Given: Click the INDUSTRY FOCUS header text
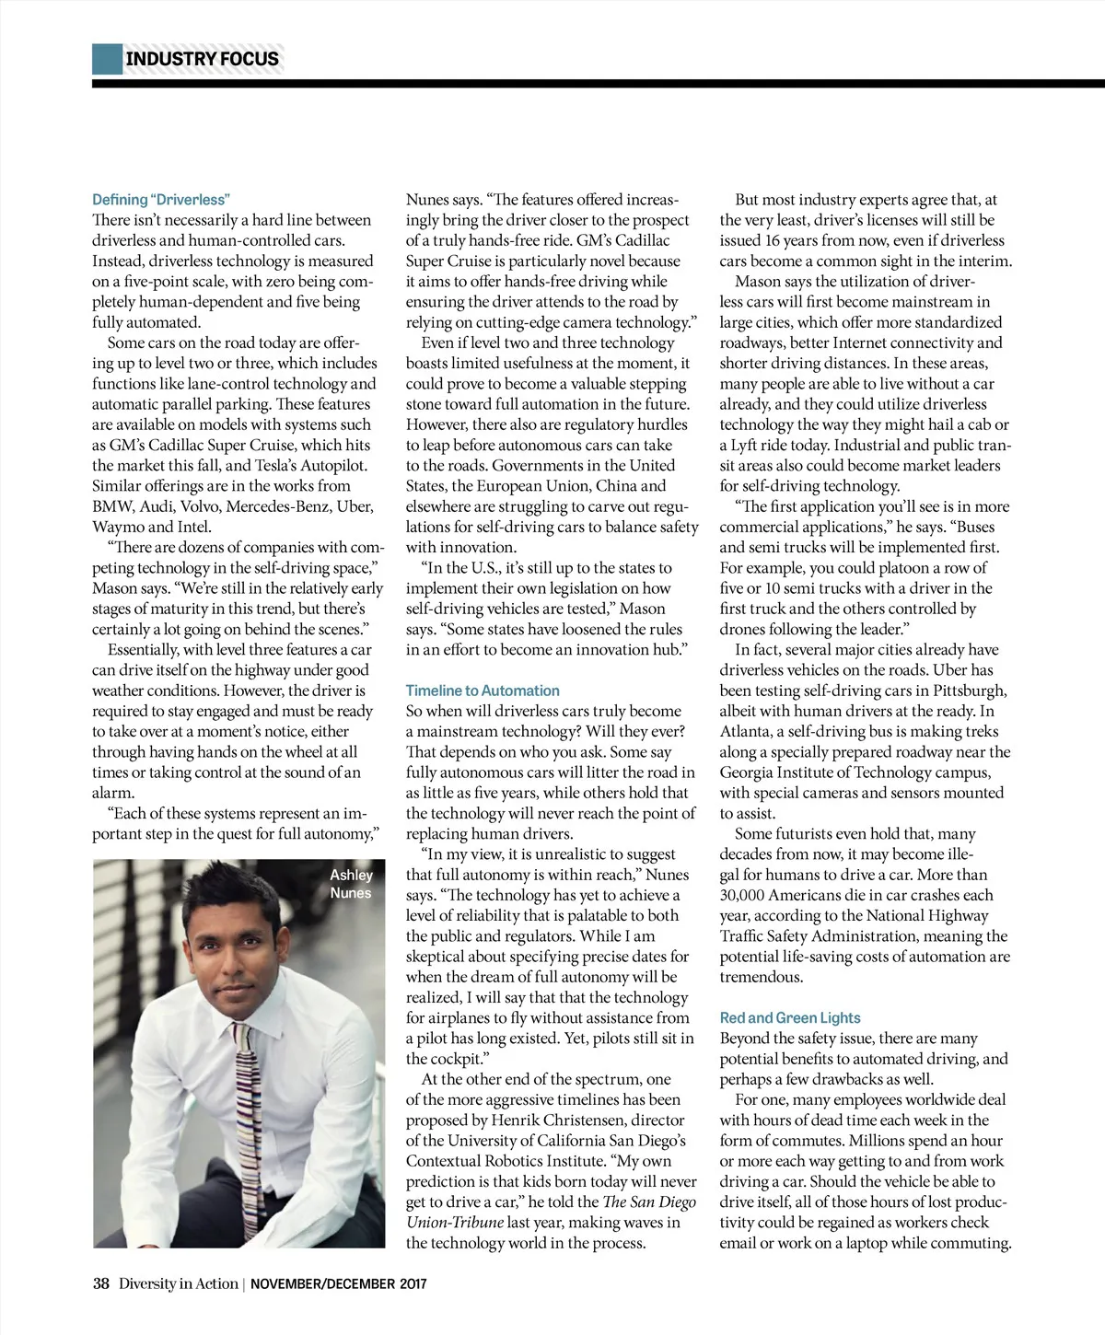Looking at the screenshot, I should coord(202,59).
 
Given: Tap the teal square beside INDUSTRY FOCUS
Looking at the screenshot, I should coord(107,59).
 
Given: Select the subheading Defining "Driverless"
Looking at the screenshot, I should coord(161,200).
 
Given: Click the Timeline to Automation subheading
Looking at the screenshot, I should coord(483,691).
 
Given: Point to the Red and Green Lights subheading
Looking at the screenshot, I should coord(790,1017).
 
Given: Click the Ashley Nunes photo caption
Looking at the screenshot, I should coord(351,884).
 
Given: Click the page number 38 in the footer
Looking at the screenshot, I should coord(101,1283).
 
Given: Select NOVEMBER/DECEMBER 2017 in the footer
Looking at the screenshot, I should coord(339,1283).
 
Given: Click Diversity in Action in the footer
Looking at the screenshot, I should coord(178,1283).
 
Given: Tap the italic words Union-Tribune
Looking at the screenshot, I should coord(455,1223).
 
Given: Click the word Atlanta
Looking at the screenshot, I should coord(746,731).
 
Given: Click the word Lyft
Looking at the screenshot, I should coord(747,445).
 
